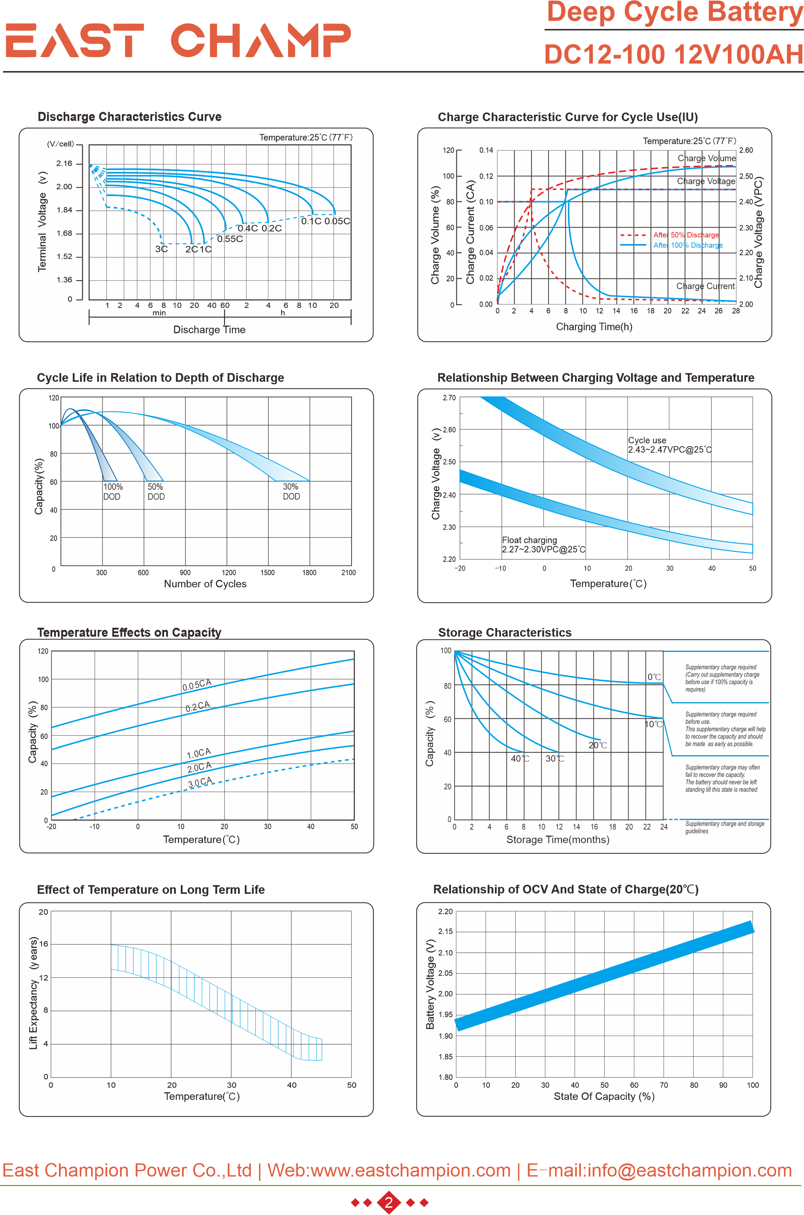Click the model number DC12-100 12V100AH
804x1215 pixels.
coord(673,54)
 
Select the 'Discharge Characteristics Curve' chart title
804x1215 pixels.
coord(130,117)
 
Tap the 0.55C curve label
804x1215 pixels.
coord(230,239)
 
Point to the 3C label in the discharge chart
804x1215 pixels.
coord(162,249)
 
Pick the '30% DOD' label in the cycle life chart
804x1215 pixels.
coord(291,491)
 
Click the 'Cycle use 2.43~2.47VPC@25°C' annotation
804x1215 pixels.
coord(669,445)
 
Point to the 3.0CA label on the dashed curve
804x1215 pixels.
coord(199,782)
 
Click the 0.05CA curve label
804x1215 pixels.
coord(197,685)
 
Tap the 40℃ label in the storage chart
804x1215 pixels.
coord(520,758)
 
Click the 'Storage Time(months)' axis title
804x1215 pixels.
coord(558,840)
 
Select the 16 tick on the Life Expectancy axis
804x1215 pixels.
coord(44,944)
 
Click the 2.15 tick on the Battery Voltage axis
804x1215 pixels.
coord(445,931)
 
